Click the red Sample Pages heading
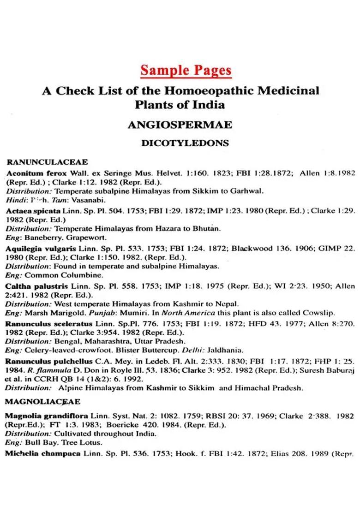point(186,70)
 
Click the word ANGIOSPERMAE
point(180,125)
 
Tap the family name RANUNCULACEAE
point(48,162)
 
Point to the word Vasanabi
point(92,200)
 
